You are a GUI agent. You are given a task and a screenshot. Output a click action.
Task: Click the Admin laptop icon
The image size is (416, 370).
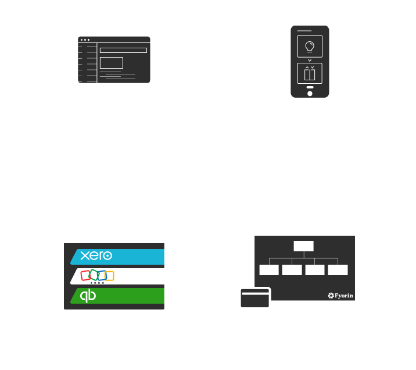pyautogui.click(x=114, y=63)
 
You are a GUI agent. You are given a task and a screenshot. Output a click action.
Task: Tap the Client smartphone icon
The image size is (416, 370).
pyautogui.click(x=310, y=61)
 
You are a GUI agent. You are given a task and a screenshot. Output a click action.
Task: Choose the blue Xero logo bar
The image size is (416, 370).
pyautogui.click(x=118, y=256)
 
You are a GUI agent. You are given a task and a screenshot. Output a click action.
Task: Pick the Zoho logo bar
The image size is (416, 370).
pyautogui.click(x=118, y=276)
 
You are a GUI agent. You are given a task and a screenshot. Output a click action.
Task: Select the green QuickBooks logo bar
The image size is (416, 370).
pyautogui.click(x=118, y=296)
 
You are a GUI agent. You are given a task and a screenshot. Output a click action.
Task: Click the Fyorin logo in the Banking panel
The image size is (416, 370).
pyautogui.click(x=340, y=296)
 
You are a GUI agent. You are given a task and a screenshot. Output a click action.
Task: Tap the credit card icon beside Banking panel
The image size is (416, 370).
pyautogui.click(x=254, y=298)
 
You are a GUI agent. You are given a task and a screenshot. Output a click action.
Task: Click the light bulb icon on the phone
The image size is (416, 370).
pyautogui.click(x=310, y=46)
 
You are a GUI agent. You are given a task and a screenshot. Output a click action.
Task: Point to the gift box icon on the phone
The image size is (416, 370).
pyautogui.click(x=310, y=73)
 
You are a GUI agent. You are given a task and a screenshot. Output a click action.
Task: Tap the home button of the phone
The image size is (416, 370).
pyautogui.click(x=310, y=93)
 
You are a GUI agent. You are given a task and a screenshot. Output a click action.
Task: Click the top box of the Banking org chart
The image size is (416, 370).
pyautogui.click(x=303, y=246)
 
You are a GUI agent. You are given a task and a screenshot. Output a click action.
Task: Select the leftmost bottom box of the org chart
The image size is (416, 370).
pyautogui.click(x=269, y=270)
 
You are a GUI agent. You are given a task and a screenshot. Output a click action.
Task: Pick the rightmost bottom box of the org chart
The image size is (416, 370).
pyautogui.click(x=338, y=270)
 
